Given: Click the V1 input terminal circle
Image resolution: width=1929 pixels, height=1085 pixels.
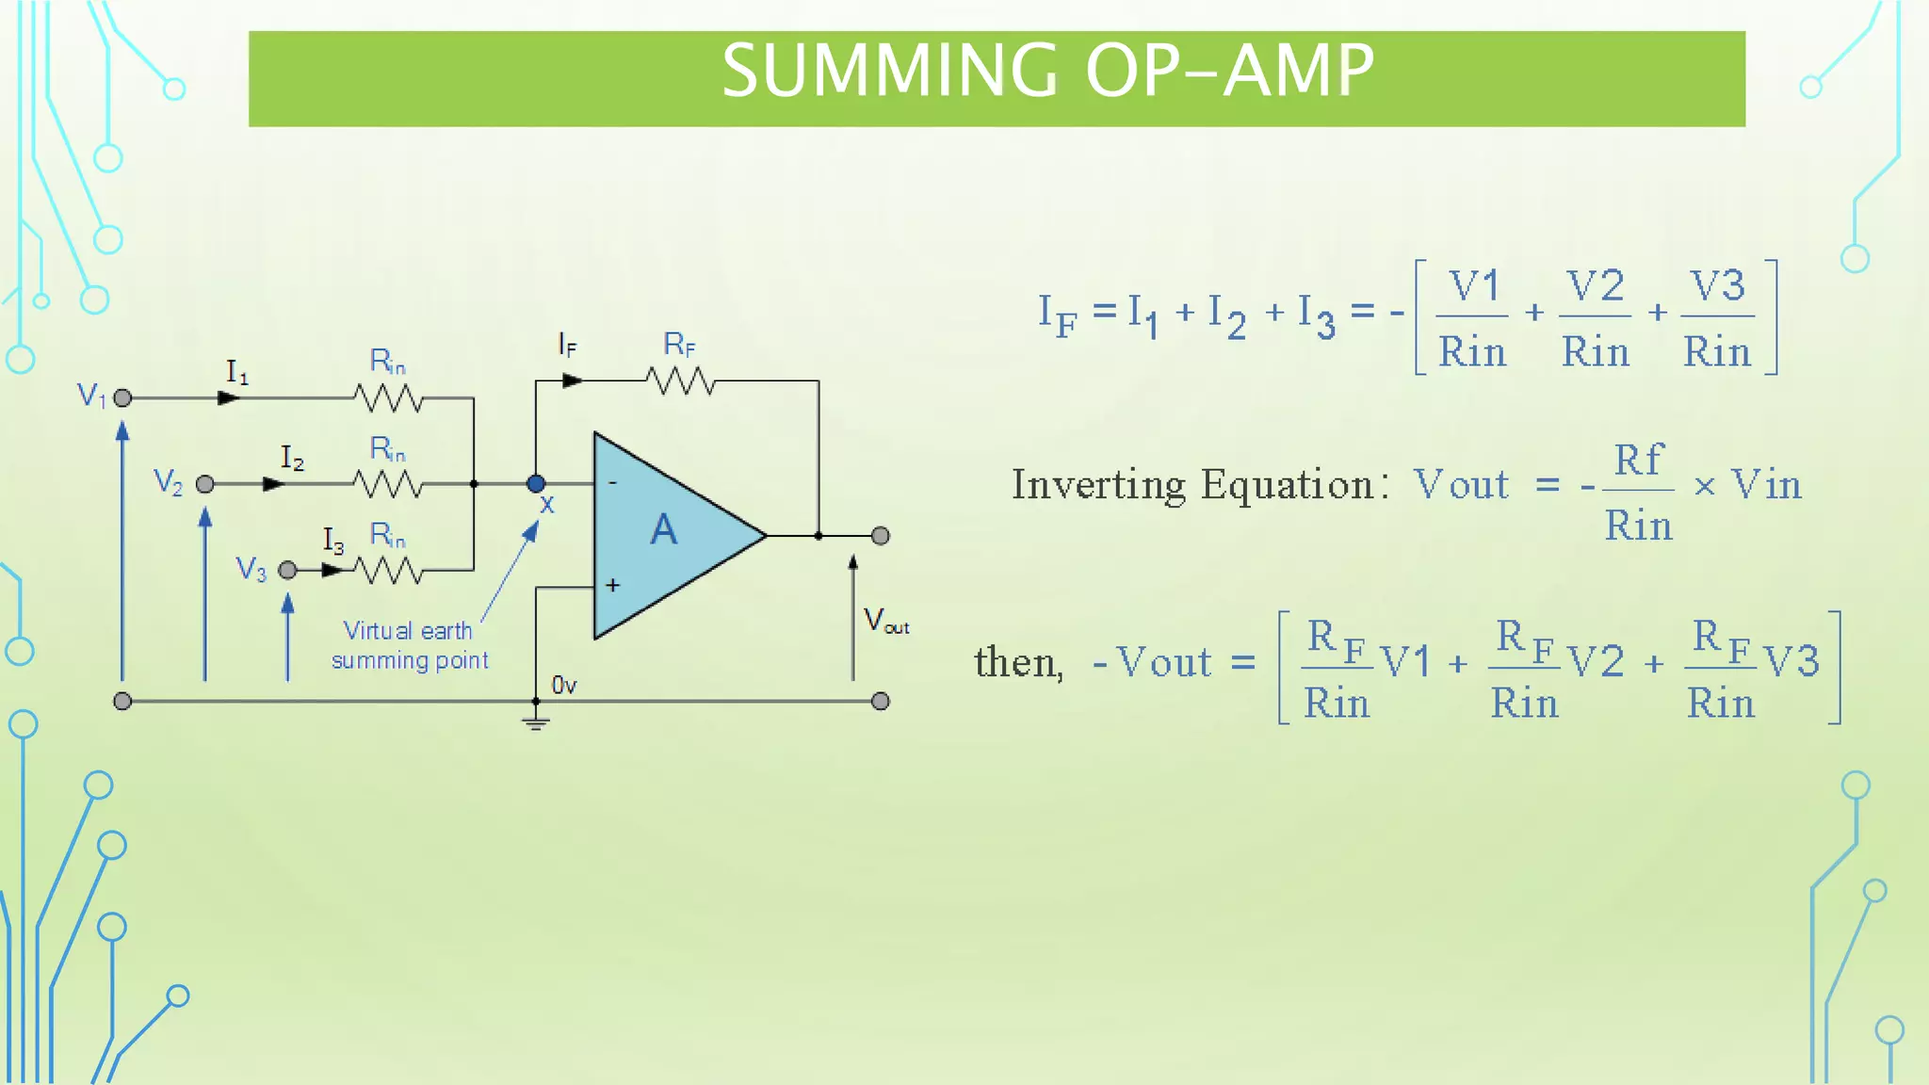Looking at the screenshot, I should coord(122,398).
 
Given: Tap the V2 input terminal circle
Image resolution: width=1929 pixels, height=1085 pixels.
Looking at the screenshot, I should coord(205,484).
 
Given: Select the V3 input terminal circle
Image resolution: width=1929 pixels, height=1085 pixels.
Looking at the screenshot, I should coord(288,570).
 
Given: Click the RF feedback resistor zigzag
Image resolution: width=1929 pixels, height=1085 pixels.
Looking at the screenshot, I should coord(680,381).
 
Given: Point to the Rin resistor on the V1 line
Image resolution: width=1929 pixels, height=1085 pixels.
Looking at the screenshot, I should coord(388,398).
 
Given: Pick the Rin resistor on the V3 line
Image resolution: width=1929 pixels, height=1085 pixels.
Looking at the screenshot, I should coord(388,570).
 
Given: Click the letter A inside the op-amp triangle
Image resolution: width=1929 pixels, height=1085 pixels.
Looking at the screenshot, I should coord(663,530).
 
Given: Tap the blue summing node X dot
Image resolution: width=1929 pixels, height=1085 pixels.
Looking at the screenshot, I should coord(536,484).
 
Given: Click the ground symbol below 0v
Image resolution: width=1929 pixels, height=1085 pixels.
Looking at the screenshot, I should coord(536,723).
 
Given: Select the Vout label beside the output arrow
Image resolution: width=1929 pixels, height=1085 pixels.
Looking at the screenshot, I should coord(885,622).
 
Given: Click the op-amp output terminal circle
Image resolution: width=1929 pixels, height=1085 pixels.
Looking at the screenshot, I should coord(881,536).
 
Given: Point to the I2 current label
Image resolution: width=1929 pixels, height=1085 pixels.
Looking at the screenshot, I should coord(292,459).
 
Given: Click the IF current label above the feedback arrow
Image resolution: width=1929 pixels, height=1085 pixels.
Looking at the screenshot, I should coord(566,346).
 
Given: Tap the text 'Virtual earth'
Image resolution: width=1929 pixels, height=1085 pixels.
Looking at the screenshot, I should coord(407,631).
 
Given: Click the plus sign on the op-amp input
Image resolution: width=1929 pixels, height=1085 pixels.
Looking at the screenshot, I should coord(612,586).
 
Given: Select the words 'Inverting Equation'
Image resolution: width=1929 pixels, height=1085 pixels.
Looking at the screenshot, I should coord(1192,485).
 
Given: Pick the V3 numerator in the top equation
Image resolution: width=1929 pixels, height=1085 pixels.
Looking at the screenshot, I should coord(1717,286).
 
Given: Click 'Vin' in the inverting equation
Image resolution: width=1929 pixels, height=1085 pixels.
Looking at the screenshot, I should coord(1766,486).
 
